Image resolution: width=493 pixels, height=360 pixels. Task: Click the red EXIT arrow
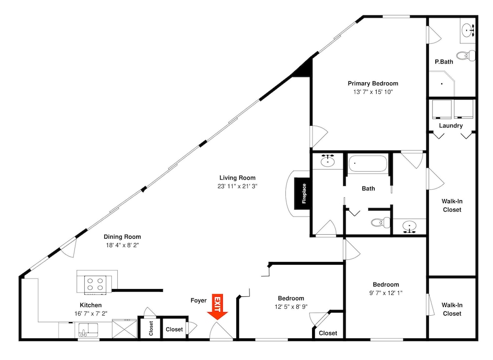pos(217,307)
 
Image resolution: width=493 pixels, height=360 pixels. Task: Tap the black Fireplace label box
pos(302,193)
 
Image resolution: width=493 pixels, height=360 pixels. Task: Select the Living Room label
pos(238,178)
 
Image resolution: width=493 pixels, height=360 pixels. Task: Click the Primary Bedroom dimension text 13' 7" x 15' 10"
pos(373,92)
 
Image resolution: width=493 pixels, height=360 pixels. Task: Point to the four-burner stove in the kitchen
pos(95,284)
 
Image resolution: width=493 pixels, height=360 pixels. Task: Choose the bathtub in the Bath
pos(368,164)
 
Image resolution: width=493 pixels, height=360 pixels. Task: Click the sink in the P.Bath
pos(468,31)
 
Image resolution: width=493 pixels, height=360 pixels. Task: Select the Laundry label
pos(451,125)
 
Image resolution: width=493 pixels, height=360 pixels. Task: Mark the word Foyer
pos(199,300)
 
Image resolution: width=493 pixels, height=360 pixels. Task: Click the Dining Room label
pos(122,237)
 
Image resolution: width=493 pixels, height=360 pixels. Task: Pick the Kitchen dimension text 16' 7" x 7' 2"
pos(91,314)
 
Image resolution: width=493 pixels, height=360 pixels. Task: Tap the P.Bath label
pos(444,62)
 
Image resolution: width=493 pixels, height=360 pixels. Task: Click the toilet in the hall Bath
pos(381,222)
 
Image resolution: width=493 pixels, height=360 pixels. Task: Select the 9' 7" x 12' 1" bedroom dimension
pos(386,293)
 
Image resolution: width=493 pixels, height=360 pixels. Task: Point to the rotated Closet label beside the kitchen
pos(151,328)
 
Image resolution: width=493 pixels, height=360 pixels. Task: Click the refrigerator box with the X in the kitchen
pos(125,329)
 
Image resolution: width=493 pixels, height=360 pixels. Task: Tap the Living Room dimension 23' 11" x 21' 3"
pos(238,186)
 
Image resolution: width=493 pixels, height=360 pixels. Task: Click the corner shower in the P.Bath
pos(442,84)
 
